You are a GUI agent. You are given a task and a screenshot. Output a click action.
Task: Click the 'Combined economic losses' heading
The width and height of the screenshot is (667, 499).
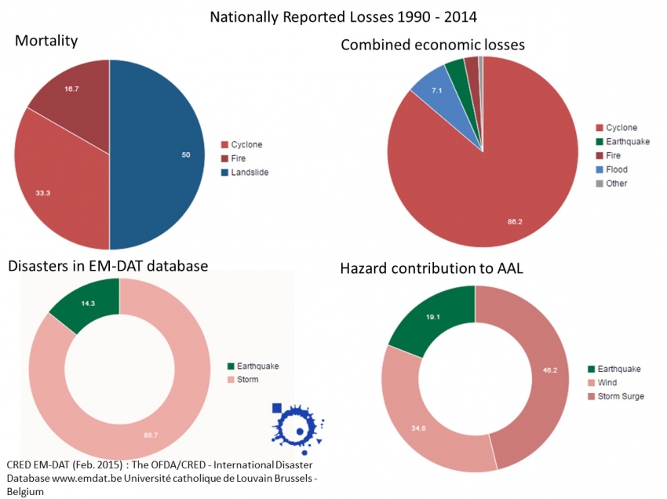click(x=432, y=46)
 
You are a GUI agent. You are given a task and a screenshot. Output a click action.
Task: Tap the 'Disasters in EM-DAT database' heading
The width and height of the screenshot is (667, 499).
click(x=108, y=266)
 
